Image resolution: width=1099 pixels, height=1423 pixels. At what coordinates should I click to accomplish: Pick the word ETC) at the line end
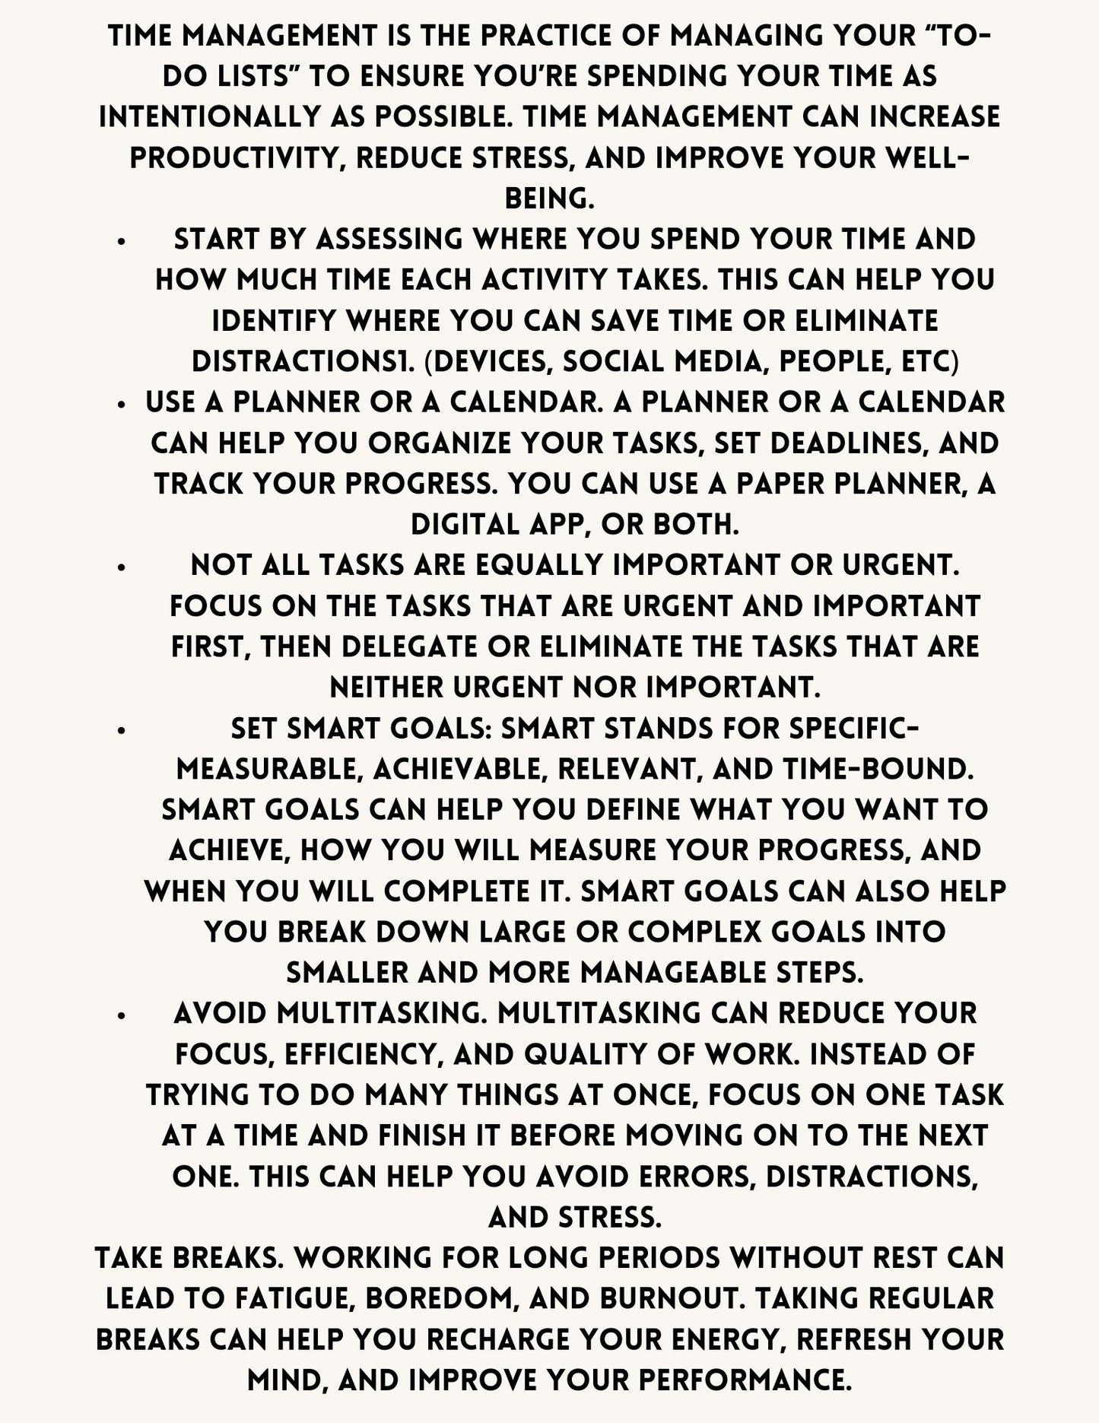926,362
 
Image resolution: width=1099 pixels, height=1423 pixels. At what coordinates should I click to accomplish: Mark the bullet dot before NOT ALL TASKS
122,567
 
